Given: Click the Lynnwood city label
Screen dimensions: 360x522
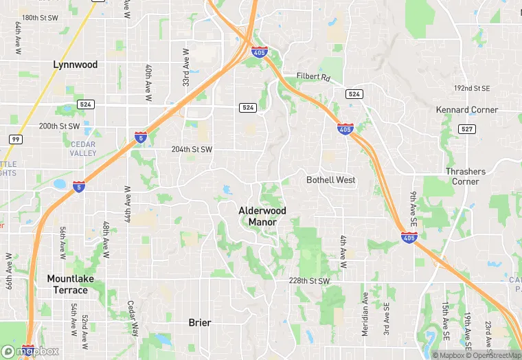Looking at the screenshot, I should click(76, 65).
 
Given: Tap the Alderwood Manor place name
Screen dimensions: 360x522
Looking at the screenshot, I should click(262, 216).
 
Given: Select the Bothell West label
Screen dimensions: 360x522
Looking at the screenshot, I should click(331, 180).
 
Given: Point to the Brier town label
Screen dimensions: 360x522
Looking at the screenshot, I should click(200, 322).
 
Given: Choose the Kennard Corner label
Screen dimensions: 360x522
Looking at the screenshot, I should click(467, 110).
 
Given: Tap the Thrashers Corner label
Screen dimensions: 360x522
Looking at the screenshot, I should click(465, 177).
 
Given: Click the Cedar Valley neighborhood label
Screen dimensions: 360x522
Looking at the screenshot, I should click(83, 148).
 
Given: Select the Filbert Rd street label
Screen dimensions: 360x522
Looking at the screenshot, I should click(313, 77).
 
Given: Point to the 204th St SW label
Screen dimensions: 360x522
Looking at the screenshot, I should click(192, 150).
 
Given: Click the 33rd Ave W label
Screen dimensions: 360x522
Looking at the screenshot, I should click(186, 67).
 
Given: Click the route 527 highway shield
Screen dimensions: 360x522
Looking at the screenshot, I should click(467, 129).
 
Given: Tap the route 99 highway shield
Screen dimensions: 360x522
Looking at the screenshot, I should click(14, 139).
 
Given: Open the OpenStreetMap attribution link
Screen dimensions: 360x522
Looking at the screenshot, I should click(493, 355).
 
